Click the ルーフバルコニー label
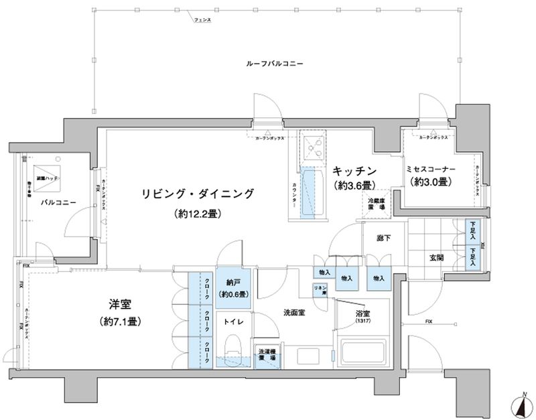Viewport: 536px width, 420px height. (x=275, y=64)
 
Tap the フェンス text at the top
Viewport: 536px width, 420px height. (x=202, y=21)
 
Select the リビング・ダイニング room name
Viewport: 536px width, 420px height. (x=198, y=194)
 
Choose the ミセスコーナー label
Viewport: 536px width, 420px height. (x=430, y=171)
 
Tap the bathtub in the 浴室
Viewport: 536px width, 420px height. (x=362, y=352)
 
